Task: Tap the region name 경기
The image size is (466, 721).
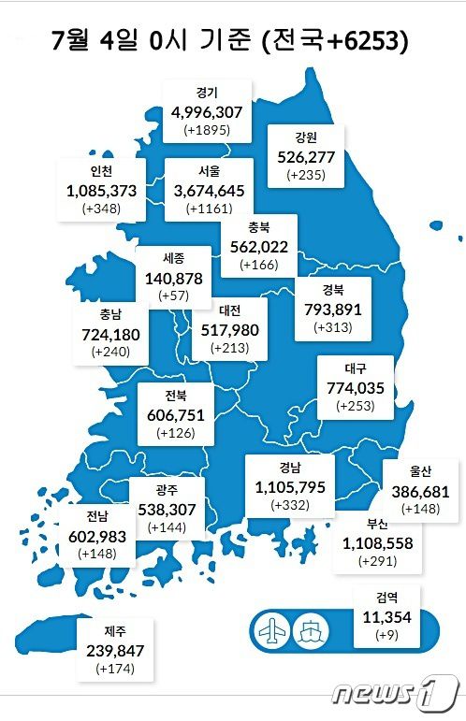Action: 207,93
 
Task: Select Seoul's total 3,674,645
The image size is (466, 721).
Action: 209,191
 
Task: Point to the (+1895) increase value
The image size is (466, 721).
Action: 207,130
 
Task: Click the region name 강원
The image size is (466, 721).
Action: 305,137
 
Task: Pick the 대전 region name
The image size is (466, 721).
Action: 232,310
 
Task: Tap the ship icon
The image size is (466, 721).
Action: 312,629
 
